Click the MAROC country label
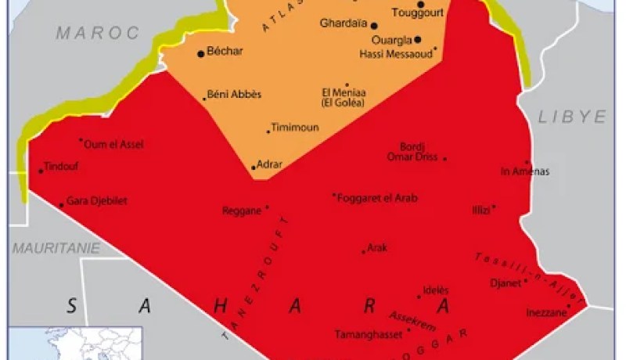click(97, 33)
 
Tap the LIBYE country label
click(573, 117)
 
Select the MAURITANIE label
click(56, 248)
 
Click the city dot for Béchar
click(201, 53)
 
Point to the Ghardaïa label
click(343, 23)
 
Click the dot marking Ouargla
click(418, 39)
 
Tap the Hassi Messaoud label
click(395, 54)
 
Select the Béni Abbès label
click(235, 94)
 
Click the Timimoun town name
click(295, 128)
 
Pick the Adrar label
click(269, 164)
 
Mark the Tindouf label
click(62, 166)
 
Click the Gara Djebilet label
click(97, 201)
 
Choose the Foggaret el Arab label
click(377, 198)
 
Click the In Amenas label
click(525, 171)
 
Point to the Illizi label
click(480, 210)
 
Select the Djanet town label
click(503, 283)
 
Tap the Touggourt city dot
click(420, 5)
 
